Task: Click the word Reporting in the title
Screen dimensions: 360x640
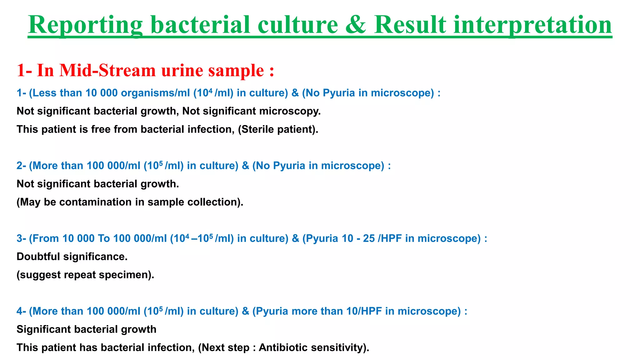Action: (85, 25)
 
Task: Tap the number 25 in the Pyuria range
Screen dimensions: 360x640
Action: (369, 238)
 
